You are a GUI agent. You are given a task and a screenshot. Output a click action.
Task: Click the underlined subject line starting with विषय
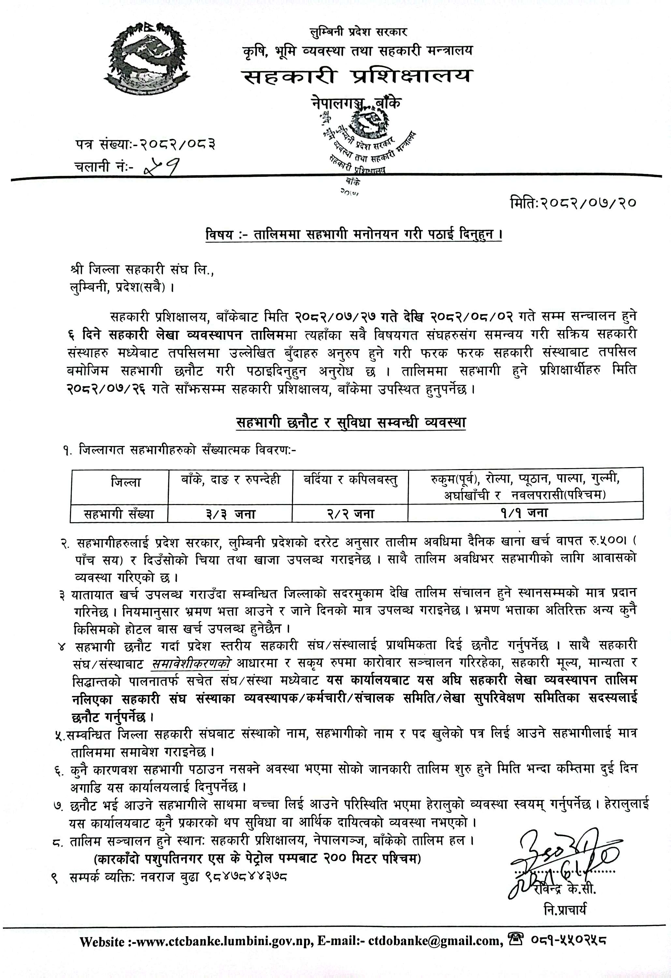(353, 234)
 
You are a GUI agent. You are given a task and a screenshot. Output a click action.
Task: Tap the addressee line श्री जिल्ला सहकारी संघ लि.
(142, 270)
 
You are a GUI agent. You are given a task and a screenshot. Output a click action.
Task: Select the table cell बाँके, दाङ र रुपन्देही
(230, 480)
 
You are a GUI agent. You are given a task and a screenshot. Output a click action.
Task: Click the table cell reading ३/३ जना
(230, 514)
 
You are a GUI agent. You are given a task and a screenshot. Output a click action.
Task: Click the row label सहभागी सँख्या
(119, 514)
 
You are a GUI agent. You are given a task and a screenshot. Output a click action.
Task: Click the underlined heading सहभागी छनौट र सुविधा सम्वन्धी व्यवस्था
(351, 422)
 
